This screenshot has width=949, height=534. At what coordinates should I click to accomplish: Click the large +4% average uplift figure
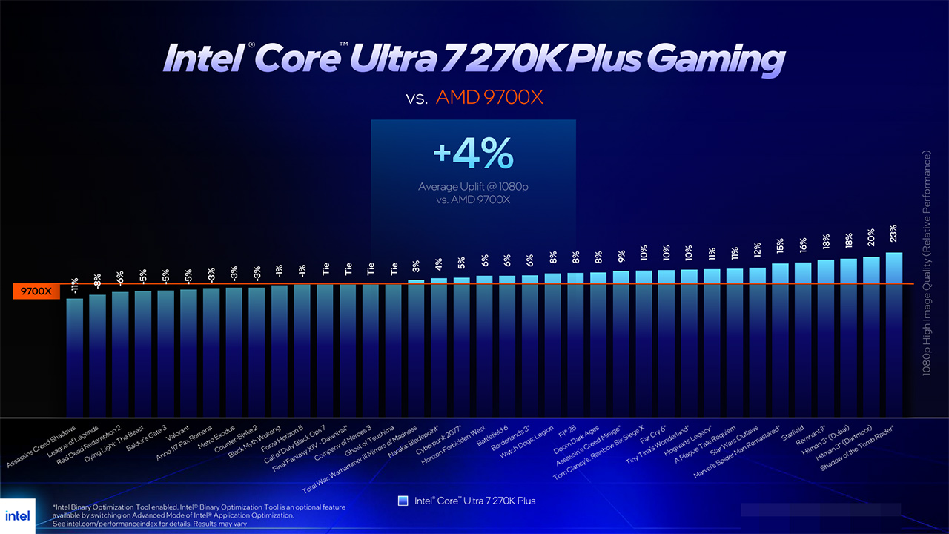coord(473,155)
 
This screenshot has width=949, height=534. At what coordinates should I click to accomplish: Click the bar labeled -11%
coord(75,356)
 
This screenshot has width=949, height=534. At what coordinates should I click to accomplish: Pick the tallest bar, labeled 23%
coord(893,334)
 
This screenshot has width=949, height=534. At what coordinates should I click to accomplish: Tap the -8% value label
coord(97,280)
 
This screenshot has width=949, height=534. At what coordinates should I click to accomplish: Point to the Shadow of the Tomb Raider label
coord(858,452)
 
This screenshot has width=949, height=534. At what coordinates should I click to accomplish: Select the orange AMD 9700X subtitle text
coord(489,97)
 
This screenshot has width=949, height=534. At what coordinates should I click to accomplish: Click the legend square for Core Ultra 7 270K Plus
coord(403,501)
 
